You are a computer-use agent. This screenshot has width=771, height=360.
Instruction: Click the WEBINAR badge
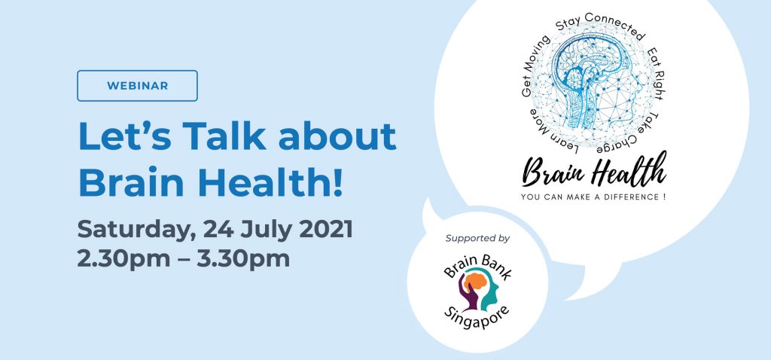coord(137,85)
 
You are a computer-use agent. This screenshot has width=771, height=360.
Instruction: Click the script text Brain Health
coord(595,171)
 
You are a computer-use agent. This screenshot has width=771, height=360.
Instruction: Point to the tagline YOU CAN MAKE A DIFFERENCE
coord(595,197)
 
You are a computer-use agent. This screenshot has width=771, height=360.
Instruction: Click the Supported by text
coord(477,238)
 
